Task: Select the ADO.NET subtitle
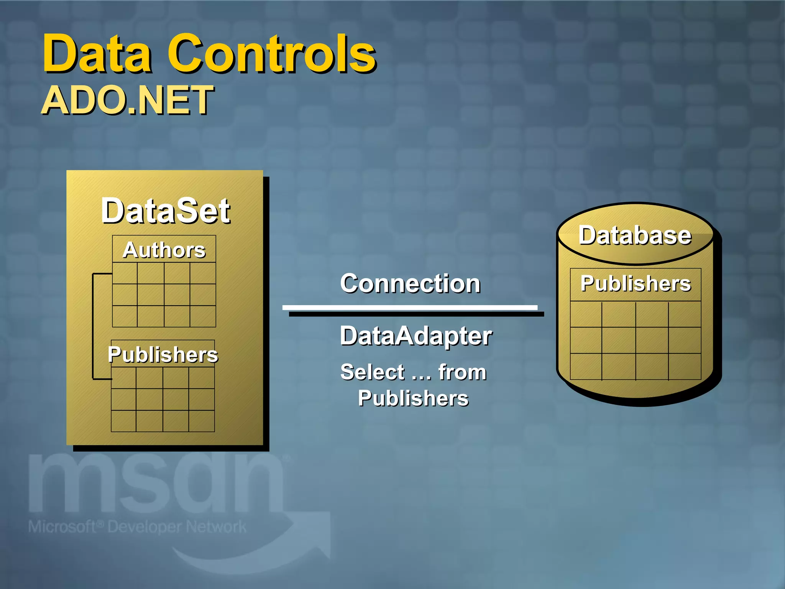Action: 127,100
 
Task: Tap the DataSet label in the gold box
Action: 165,211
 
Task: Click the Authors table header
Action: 164,250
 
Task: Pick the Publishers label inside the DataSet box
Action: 163,354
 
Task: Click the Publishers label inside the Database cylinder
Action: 636,283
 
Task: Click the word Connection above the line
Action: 410,283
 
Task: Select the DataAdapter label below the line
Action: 415,336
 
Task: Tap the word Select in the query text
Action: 372,372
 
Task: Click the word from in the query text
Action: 462,372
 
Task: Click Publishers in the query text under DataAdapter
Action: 413,398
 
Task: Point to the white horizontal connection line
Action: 410,308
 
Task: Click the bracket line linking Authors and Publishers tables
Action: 93,326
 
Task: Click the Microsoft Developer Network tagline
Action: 137,527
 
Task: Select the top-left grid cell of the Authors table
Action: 125,273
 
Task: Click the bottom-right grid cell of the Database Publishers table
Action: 685,367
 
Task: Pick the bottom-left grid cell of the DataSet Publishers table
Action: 123,421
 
